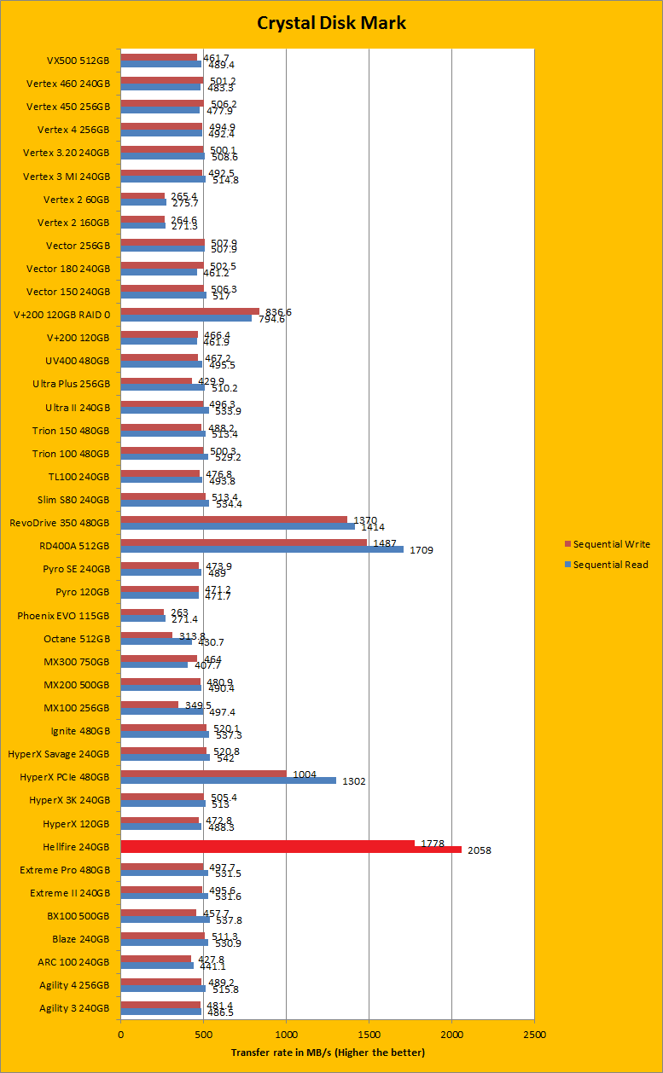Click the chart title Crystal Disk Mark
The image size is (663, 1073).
(331, 23)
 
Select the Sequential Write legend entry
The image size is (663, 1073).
(611, 544)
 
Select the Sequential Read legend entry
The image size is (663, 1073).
(610, 565)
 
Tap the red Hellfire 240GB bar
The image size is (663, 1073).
(290, 846)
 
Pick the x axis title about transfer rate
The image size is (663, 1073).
(327, 1053)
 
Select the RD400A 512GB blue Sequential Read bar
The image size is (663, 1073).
(262, 549)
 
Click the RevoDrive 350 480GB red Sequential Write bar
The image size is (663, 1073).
(234, 519)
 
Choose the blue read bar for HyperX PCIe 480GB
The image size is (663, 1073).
(228, 780)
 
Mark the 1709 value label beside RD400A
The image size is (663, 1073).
(421, 550)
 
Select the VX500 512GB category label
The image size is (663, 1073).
(78, 61)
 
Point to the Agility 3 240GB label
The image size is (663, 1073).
(74, 1008)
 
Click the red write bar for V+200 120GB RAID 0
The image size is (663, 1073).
(189, 311)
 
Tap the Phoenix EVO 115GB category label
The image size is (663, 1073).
(63, 615)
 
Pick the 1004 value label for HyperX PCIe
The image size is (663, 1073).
(304, 774)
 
